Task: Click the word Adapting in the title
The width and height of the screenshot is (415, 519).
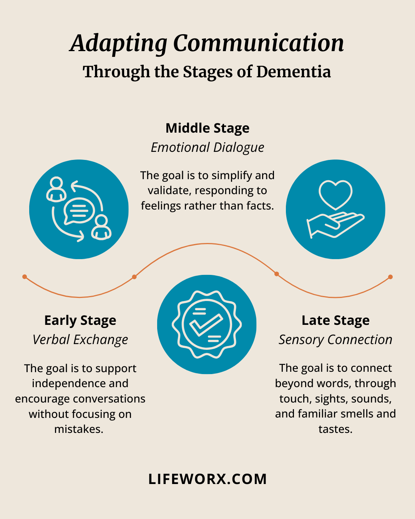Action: click(119, 43)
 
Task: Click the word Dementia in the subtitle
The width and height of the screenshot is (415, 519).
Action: click(294, 72)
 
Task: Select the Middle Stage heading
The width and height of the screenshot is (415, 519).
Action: click(207, 128)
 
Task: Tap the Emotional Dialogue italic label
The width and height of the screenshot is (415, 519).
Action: click(207, 148)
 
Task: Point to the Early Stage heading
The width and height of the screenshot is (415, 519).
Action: click(80, 320)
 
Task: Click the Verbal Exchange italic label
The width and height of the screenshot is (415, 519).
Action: click(80, 340)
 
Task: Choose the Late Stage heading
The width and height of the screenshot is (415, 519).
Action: click(335, 320)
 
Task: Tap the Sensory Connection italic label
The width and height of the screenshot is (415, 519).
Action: click(335, 340)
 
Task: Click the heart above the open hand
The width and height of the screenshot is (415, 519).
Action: click(335, 194)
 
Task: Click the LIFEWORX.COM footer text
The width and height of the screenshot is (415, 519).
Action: click(207, 479)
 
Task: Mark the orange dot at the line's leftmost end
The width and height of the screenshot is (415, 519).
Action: click(25, 276)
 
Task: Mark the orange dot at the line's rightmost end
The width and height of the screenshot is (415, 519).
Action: click(390, 277)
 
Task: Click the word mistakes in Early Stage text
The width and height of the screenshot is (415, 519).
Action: click(79, 429)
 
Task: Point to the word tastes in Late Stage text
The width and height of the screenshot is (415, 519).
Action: click(335, 429)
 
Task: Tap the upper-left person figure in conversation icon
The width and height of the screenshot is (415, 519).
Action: click(56, 189)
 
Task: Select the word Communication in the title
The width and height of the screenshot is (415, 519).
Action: click(259, 43)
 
